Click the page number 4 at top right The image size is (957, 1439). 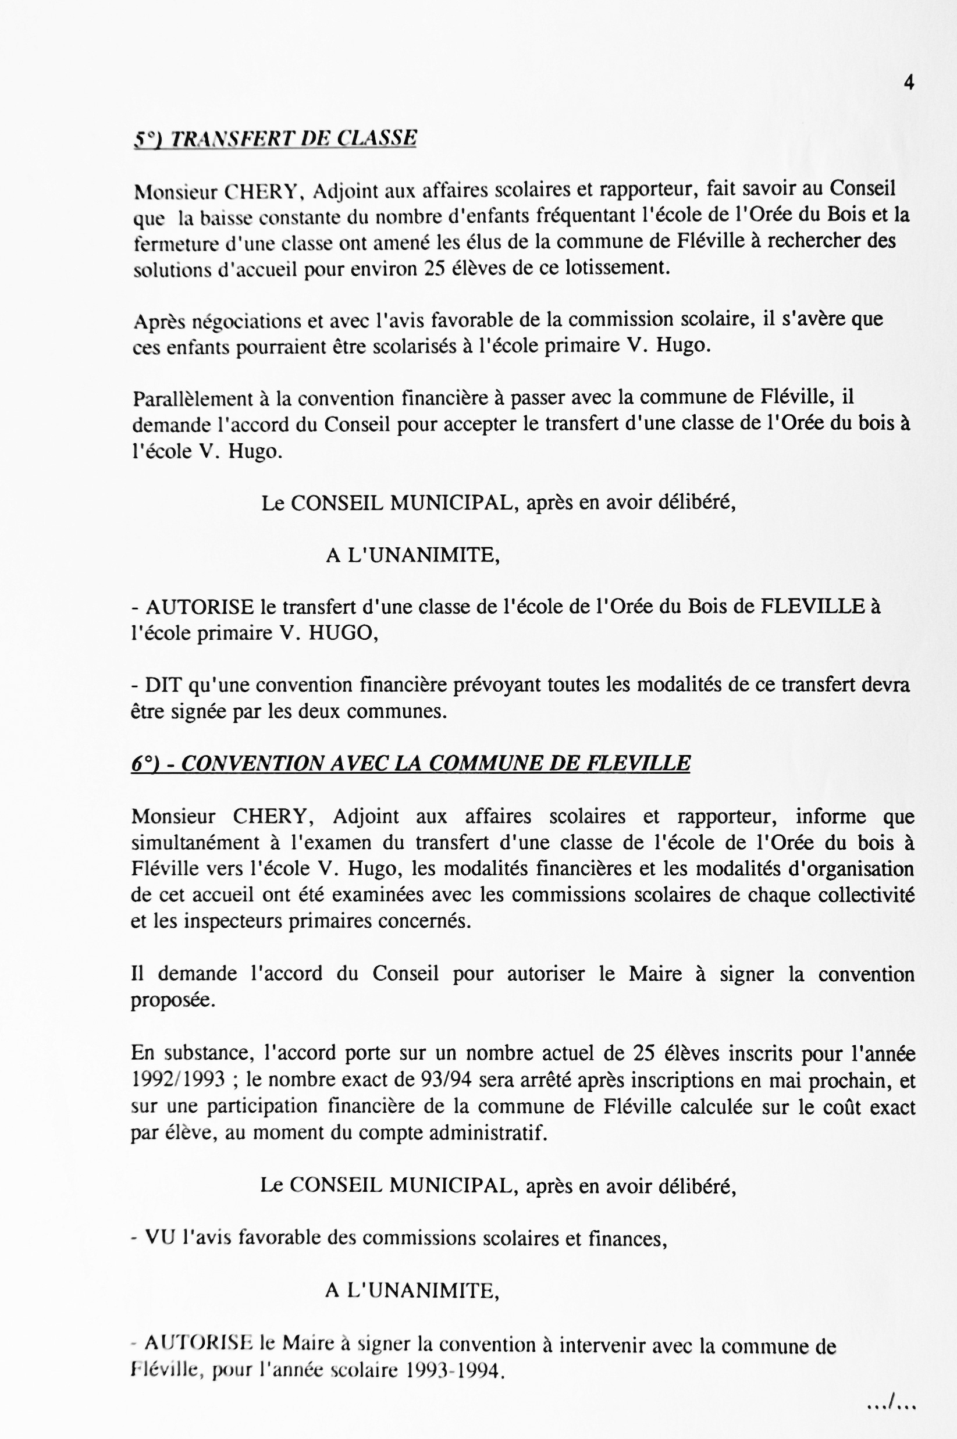point(909,83)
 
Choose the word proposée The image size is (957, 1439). point(173,1000)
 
